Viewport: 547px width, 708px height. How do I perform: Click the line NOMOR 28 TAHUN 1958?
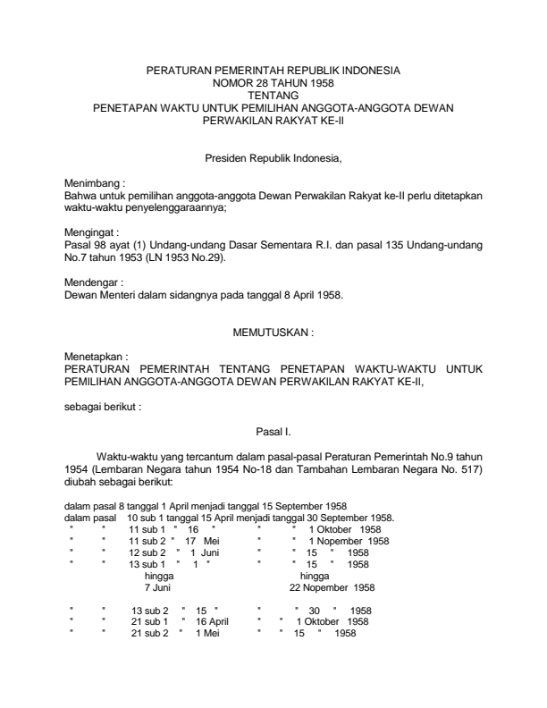point(273,80)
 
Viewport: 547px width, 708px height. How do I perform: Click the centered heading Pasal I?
point(273,431)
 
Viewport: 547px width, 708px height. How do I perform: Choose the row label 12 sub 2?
point(148,552)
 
